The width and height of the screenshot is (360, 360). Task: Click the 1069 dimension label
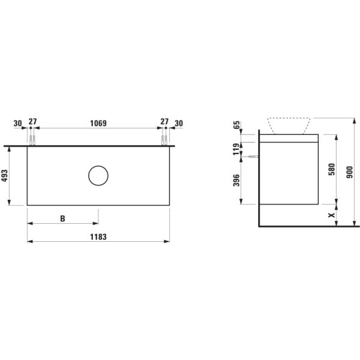(98, 123)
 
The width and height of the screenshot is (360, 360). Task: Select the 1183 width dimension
(98, 237)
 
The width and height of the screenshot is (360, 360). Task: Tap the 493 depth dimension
(5, 176)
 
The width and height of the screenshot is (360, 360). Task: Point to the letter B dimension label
(62, 218)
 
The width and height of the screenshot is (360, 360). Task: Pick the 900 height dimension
(350, 172)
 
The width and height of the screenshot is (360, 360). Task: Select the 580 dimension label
(332, 169)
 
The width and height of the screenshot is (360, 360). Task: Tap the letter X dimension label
(332, 215)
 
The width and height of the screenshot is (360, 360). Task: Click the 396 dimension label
(236, 181)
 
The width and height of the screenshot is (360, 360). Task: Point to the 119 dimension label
(236, 149)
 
